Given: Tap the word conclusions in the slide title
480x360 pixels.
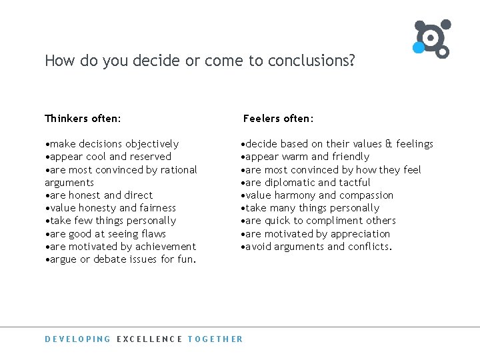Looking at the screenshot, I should coord(311,61).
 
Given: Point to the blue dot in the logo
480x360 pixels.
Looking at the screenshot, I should coord(418,47).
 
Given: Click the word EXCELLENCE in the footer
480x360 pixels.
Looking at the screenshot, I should coord(149,339).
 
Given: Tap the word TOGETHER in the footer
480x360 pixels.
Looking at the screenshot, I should coord(215,339).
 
